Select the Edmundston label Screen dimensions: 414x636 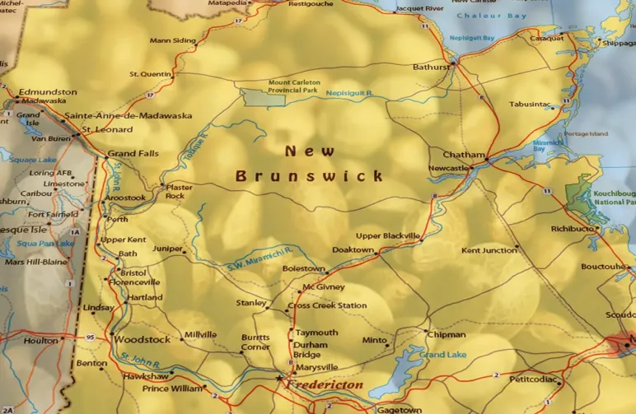coord(48,91)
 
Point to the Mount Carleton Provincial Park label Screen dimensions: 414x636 coord(294,86)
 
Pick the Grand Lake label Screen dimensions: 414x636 coord(442,355)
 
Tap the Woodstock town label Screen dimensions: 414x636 coord(142,339)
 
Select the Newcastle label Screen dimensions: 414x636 coord(449,168)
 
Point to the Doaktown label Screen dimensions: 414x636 coord(353,249)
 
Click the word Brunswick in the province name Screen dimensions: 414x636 coord(310,176)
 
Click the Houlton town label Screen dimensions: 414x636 coord(40,340)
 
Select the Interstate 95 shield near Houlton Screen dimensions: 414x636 coord(89,337)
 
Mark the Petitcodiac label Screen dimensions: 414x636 coord(535,379)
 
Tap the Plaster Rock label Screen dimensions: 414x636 coord(180,192)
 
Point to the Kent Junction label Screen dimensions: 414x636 coord(489,250)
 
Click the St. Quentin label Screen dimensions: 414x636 coord(150,74)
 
